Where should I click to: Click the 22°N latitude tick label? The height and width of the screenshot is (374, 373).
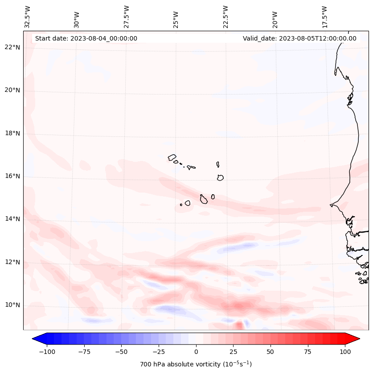coord(12,47)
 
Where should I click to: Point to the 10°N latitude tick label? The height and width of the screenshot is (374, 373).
coord(12,305)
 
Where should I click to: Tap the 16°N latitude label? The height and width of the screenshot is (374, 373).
coord(12,176)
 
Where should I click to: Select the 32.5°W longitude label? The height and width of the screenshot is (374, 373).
coord(28,16)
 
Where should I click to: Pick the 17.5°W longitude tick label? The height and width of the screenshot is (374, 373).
coord(324,16)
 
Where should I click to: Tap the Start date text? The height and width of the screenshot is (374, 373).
coord(86,38)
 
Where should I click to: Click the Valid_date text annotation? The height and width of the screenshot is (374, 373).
coord(299,38)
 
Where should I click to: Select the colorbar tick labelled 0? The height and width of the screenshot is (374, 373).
coord(196,352)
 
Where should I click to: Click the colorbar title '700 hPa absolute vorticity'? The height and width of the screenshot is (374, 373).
coord(196,364)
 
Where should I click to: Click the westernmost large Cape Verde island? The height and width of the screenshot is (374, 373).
coord(172,157)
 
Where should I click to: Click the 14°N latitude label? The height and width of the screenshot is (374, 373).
coord(12,219)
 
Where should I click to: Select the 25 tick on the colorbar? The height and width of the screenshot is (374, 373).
coord(234,352)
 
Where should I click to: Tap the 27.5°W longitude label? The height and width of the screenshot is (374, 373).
coord(127,16)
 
